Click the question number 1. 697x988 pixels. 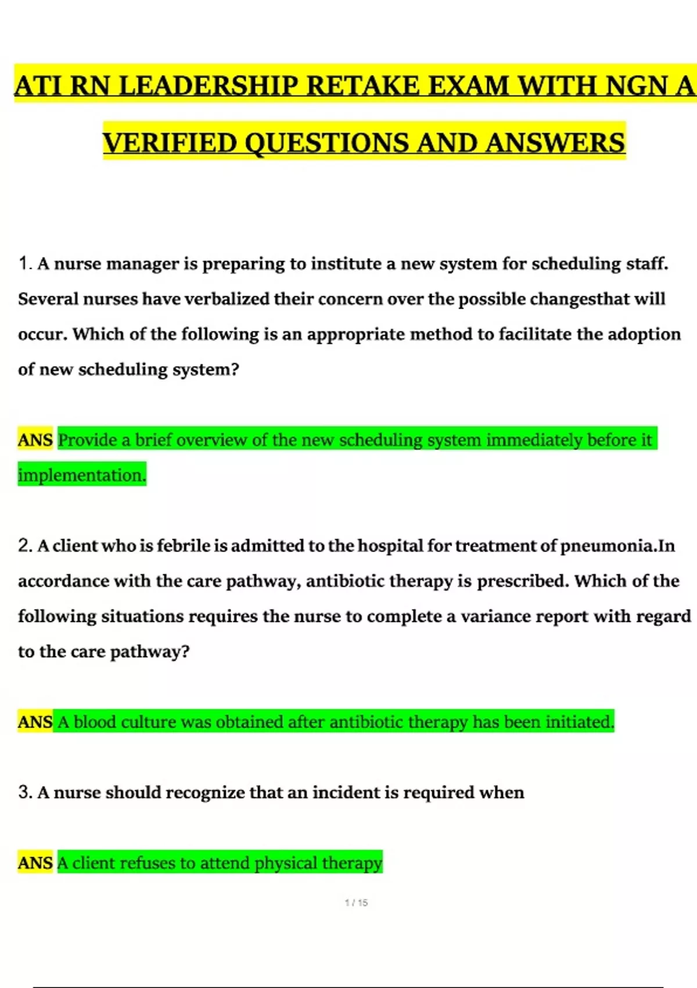point(24,264)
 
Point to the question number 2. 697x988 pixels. point(24,546)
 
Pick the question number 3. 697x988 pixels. point(24,793)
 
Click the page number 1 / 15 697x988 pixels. point(356,903)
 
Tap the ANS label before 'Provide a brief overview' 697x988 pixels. point(35,440)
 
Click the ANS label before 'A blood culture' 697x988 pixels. point(35,722)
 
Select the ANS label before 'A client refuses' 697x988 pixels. point(35,863)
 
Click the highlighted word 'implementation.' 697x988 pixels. point(82,475)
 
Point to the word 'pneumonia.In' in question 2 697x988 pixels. point(617,546)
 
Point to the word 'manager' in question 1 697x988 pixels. point(142,264)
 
